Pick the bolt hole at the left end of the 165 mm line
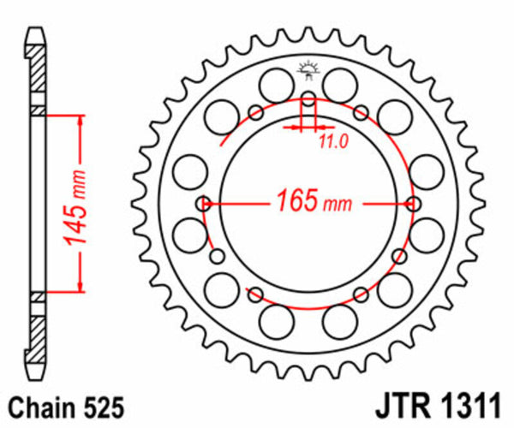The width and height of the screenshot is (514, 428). pos(204,204)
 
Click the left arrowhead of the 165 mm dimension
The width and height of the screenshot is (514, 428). pos(214,205)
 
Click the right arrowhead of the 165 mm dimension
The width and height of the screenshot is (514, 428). pos(406,205)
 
